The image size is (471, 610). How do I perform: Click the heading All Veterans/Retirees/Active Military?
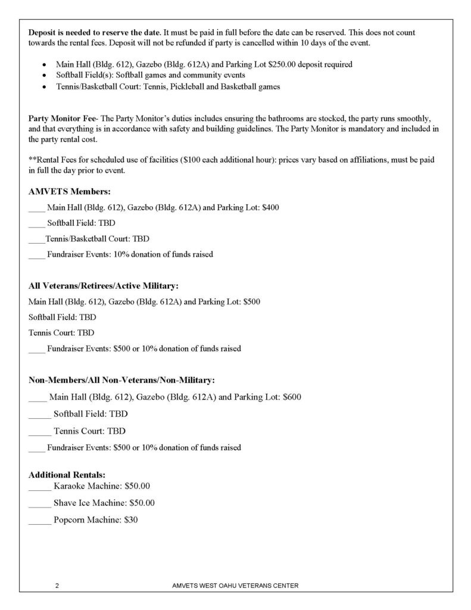pos(104,285)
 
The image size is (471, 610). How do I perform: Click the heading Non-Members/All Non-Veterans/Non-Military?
pos(122,380)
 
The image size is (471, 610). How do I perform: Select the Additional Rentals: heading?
pos(67,475)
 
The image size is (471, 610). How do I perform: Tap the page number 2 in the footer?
pos(57,586)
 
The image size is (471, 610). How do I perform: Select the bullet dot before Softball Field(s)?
pos(44,76)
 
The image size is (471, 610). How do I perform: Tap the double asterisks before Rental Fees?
pos(32,160)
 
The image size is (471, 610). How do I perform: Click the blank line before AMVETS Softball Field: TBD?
pos(36,223)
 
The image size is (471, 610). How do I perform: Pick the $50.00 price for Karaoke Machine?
pos(133,487)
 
